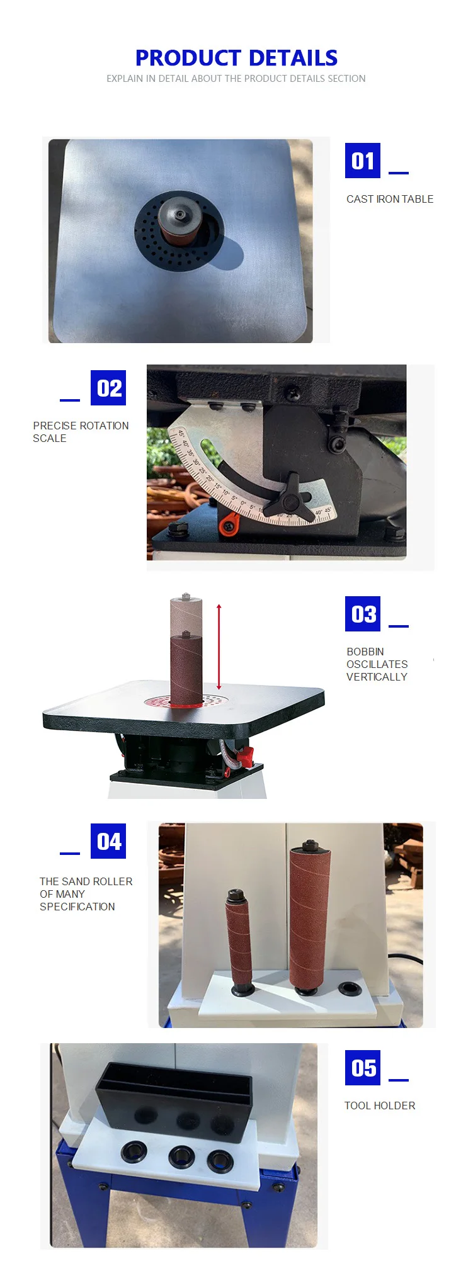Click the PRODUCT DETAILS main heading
click(236, 58)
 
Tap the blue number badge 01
click(362, 161)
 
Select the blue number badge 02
click(108, 388)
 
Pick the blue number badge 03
click(362, 614)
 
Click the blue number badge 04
click(108, 841)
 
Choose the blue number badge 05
click(362, 1068)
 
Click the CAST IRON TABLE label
click(389, 199)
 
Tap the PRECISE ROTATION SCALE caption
click(81, 432)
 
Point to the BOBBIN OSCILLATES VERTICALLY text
click(377, 664)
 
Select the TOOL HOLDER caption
click(379, 1105)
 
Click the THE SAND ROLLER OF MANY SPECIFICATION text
click(86, 894)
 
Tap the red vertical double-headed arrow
click(219, 647)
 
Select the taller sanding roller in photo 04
click(309, 917)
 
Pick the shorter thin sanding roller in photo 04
click(239, 938)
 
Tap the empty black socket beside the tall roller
click(348, 988)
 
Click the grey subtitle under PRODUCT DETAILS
click(236, 79)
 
